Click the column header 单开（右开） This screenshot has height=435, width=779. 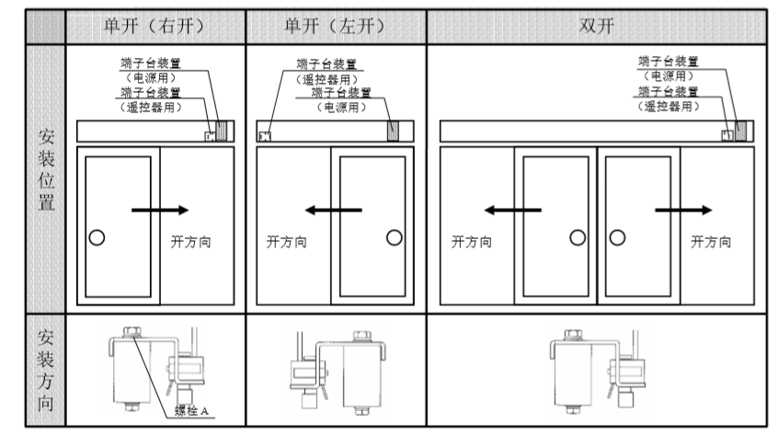tap(155, 25)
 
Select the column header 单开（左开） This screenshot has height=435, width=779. tap(336, 25)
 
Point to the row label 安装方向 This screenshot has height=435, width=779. tap(45, 369)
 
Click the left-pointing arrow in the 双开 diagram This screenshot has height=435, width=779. tap(513, 210)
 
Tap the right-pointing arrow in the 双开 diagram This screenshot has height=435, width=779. tap(682, 210)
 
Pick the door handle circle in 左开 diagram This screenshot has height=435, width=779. tap(394, 237)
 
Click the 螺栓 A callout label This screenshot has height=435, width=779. tap(198, 409)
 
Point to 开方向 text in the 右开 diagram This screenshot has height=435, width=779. tap(190, 242)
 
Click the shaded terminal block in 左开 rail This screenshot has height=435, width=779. tap(394, 131)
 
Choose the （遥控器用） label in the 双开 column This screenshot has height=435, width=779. tap(667, 107)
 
